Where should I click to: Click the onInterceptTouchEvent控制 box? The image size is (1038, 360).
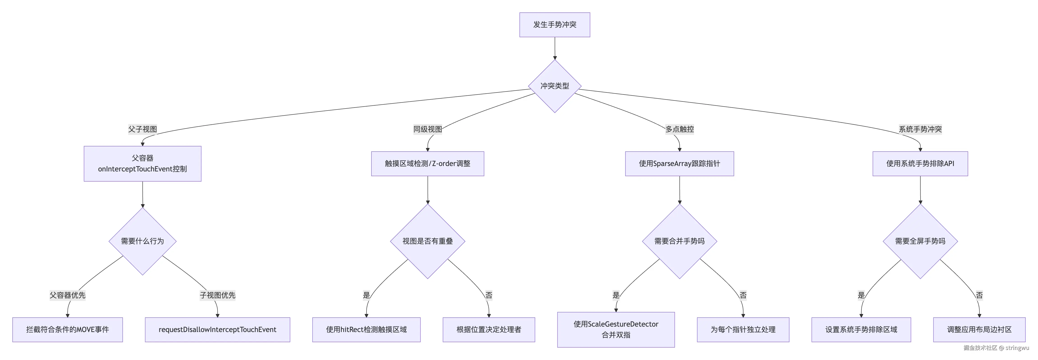pos(142,164)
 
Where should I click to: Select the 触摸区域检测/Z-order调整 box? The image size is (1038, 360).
pos(428,164)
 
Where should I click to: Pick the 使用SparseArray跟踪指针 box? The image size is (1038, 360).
pos(679,164)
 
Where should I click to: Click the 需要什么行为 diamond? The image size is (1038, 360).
pos(142,241)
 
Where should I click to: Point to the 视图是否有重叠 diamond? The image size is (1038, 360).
pos(428,241)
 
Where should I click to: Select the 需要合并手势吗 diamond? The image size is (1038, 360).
pos(679,241)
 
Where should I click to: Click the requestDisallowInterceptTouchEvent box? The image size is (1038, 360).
pos(217,330)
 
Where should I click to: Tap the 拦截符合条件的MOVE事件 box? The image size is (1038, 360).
pos(67,330)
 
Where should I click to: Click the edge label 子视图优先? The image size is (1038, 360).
pos(217,295)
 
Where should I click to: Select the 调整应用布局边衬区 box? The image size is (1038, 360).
pos(979,330)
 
